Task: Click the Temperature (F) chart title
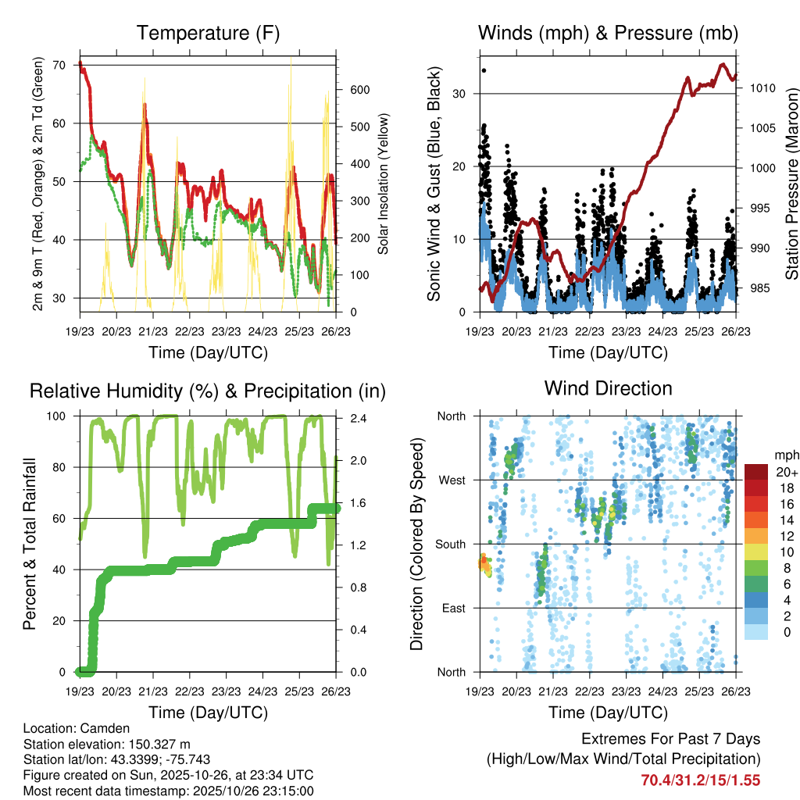click(x=208, y=33)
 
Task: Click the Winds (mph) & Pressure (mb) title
click(x=608, y=33)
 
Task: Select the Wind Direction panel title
click(x=608, y=387)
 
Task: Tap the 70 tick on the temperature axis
click(x=59, y=65)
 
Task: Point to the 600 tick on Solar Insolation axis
click(x=359, y=90)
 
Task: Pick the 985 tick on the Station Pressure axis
click(x=757, y=288)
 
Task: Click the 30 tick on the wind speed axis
click(x=460, y=94)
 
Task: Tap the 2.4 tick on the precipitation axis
click(x=356, y=416)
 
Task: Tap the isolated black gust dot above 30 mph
click(x=484, y=70)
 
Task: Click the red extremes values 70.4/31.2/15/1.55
click(x=700, y=780)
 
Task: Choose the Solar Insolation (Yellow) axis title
click(x=383, y=184)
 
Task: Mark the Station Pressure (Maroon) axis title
click(x=791, y=184)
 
